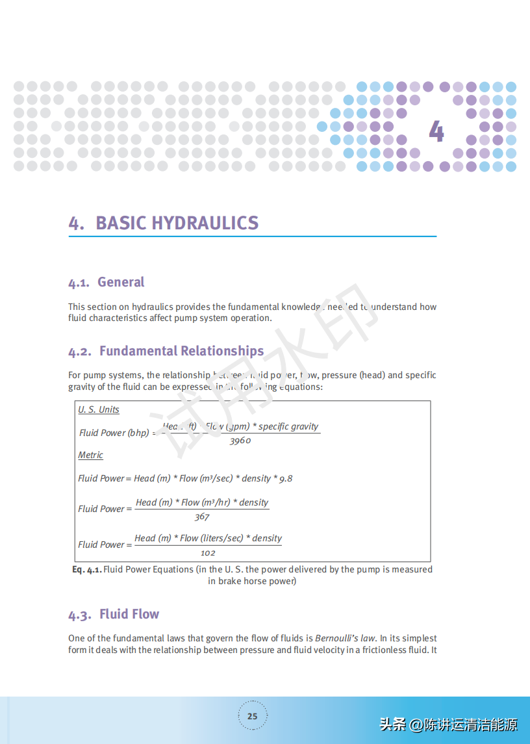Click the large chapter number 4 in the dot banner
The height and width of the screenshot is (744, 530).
tap(436, 131)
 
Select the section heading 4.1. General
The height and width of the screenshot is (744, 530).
tap(107, 282)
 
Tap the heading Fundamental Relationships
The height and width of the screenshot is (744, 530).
tap(181, 351)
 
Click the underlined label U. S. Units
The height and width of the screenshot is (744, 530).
tap(99, 409)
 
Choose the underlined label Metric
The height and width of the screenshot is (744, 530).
tap(90, 455)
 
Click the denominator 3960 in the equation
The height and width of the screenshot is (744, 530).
tap(240, 441)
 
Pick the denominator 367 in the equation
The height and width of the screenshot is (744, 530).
tap(202, 517)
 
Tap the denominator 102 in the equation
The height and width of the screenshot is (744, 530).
tap(208, 553)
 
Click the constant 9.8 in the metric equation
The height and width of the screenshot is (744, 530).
tap(286, 478)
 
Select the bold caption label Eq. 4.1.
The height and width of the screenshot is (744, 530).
tap(86, 569)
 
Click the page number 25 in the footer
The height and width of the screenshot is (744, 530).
tap(252, 716)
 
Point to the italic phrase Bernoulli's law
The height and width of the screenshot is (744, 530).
tap(345, 638)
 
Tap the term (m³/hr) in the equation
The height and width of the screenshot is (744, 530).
tap(218, 502)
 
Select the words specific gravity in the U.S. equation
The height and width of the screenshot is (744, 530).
tap(288, 426)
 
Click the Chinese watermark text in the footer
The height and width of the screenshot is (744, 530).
tap(448, 724)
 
